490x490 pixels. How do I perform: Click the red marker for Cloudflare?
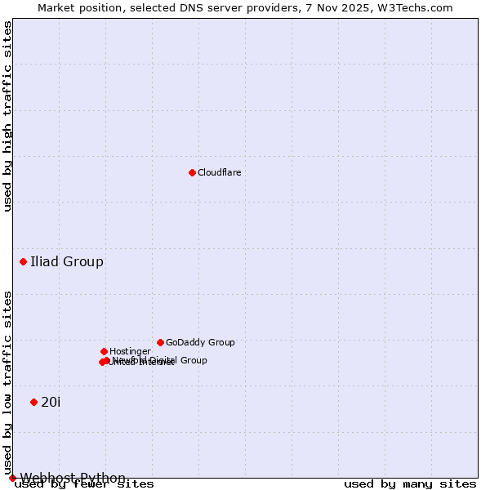click(192, 172)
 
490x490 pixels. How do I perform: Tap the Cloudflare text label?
click(219, 172)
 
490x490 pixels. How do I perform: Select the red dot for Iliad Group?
click(23, 261)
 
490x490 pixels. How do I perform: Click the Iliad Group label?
click(67, 261)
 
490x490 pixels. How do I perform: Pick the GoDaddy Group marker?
click(160, 342)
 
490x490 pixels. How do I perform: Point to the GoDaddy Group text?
click(200, 342)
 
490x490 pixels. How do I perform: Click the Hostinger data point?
click(104, 351)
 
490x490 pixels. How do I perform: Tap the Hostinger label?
click(130, 351)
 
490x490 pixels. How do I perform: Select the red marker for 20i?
click(33, 402)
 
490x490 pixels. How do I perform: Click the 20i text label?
click(51, 402)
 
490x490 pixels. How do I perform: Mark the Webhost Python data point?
click(12, 478)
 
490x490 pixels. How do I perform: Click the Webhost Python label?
click(73, 478)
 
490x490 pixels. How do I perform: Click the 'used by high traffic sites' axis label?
click(7, 116)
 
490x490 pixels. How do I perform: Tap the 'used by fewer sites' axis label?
click(84, 484)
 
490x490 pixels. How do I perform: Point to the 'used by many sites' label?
click(410, 484)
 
